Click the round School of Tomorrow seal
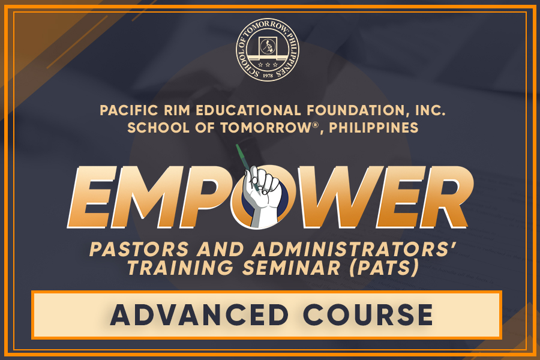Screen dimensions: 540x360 [268, 50]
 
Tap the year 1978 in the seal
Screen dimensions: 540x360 [268, 76]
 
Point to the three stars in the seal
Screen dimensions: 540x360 [268, 64]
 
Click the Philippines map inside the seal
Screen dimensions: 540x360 [267, 46]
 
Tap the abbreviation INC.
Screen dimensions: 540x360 [430, 110]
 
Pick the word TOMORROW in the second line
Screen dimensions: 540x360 [266, 128]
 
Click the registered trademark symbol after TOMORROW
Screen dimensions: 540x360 [315, 124]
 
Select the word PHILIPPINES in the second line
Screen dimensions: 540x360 [374, 128]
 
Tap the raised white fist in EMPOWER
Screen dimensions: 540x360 [262, 196]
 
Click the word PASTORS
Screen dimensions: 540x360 [139, 249]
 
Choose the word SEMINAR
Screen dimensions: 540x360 [292, 268]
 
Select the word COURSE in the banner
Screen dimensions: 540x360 [368, 314]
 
